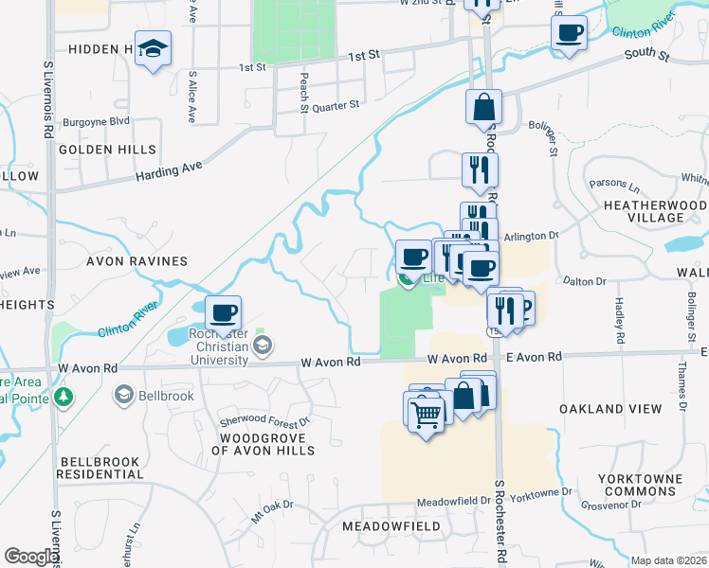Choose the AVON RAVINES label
coord(137,260)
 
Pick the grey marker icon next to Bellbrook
coord(123,394)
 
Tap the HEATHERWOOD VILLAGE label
coord(655,211)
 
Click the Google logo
coord(31,557)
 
